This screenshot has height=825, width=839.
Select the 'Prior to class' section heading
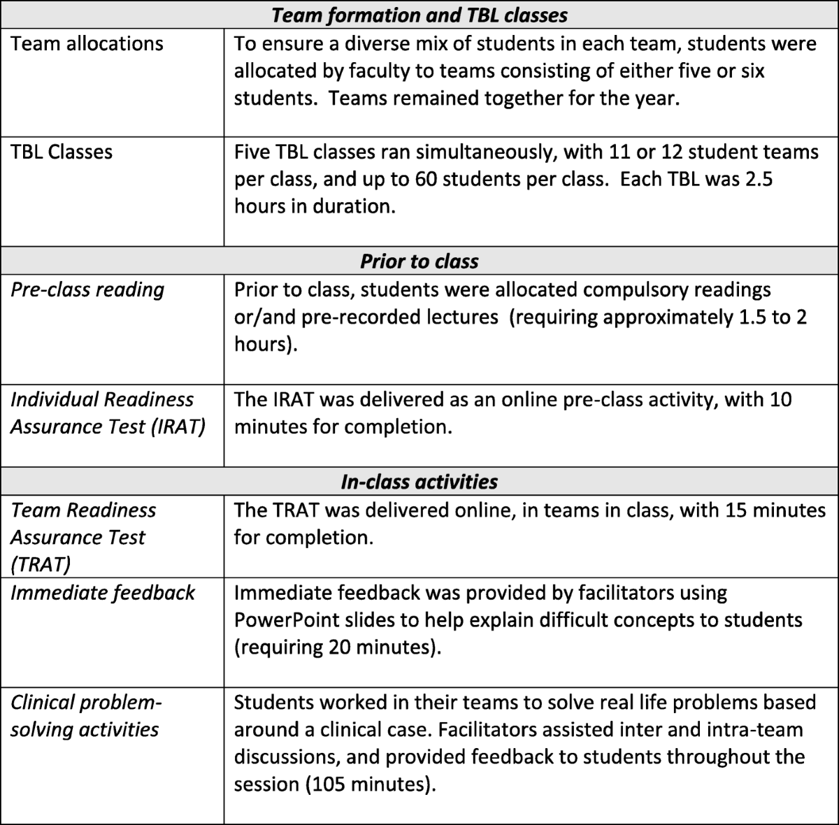(419, 261)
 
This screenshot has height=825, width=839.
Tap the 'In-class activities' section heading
(419, 482)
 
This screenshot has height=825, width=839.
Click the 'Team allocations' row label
(87, 43)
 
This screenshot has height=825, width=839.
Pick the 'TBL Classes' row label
(62, 152)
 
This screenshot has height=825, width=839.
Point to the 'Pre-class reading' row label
(87, 289)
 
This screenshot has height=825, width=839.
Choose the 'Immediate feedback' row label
(103, 592)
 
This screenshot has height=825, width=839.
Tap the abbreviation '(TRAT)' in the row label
(43, 564)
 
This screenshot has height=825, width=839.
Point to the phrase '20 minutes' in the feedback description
(378, 647)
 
